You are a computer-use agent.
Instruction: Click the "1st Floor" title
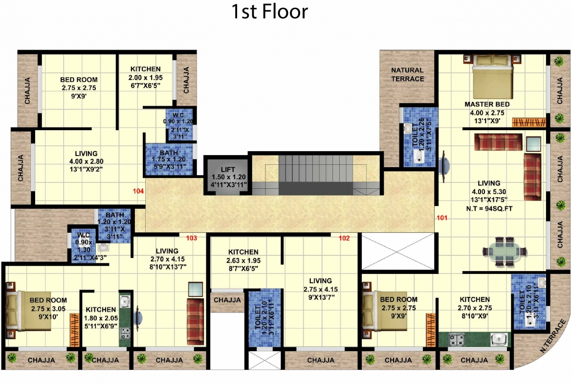(x=270, y=12)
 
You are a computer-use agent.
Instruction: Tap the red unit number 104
(x=138, y=191)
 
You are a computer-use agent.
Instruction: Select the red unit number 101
(x=442, y=218)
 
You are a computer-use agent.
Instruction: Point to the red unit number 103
(x=192, y=238)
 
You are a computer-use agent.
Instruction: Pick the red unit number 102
(x=344, y=238)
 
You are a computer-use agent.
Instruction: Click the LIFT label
(x=228, y=169)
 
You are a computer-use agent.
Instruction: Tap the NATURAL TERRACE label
(x=407, y=74)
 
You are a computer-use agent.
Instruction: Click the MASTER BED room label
(x=487, y=104)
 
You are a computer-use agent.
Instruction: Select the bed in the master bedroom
(x=493, y=77)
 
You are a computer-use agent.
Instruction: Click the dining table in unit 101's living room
(x=505, y=251)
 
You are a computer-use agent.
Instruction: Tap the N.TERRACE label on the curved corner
(x=552, y=336)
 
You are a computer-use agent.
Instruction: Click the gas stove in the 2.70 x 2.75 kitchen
(x=456, y=339)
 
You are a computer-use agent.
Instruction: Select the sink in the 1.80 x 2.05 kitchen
(x=125, y=301)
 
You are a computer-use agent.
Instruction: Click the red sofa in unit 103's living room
(x=196, y=321)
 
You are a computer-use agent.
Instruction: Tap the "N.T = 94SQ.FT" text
(x=489, y=209)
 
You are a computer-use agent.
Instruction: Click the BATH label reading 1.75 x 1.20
(x=169, y=159)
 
